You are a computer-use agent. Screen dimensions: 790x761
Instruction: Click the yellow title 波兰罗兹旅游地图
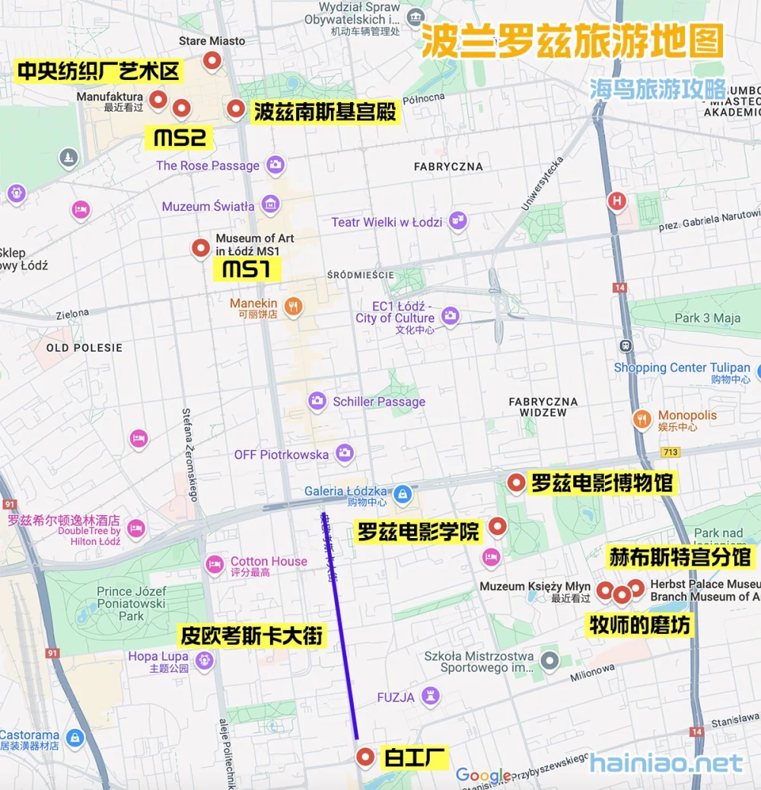[572, 40]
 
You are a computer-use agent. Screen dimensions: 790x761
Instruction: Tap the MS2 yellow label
[180, 138]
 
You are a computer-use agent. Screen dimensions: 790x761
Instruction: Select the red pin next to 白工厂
[365, 757]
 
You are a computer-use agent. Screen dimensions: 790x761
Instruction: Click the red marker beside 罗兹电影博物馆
[516, 482]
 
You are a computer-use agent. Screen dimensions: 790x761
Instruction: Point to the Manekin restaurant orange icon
[293, 307]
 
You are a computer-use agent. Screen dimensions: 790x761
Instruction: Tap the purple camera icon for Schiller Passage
[317, 401]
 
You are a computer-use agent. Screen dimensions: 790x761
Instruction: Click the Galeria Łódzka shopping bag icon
[403, 495]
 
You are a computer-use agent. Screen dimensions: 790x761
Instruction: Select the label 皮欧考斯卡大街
[252, 636]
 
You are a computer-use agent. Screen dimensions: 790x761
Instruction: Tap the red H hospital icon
[616, 202]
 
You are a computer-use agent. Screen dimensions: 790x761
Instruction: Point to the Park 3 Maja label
[707, 318]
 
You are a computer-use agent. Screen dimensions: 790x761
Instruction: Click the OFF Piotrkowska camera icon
[345, 454]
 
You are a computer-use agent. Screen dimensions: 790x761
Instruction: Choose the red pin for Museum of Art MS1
[200, 247]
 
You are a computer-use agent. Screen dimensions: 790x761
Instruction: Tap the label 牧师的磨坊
[640, 625]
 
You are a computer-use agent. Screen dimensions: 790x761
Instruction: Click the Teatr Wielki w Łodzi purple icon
[457, 221]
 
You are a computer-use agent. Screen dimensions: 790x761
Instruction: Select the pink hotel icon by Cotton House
[215, 565]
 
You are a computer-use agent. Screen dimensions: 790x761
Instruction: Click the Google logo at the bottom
[483, 776]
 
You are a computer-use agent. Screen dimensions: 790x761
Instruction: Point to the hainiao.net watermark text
[666, 763]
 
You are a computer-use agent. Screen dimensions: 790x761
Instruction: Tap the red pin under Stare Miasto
[212, 60]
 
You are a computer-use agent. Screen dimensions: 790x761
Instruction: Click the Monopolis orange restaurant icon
[642, 419]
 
